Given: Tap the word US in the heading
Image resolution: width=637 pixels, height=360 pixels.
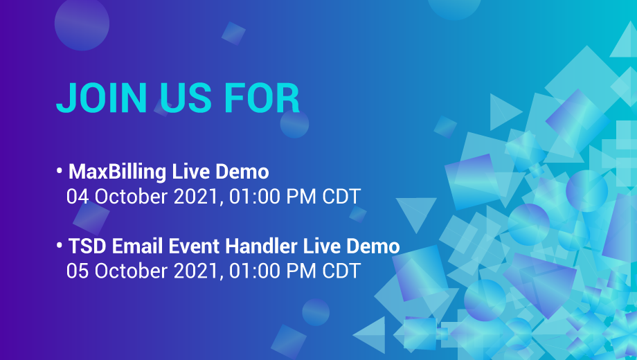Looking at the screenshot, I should [x=182, y=98].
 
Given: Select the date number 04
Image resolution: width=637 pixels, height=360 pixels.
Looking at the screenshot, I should [x=78, y=197].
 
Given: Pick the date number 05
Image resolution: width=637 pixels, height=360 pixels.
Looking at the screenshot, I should [x=78, y=271].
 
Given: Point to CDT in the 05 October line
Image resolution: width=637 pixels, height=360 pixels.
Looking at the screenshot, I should [x=341, y=271].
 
